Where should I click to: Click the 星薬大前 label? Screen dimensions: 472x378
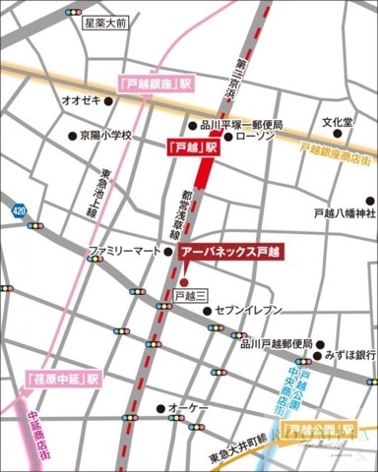click(x=105, y=21)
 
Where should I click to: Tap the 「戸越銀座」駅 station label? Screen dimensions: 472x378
click(x=153, y=85)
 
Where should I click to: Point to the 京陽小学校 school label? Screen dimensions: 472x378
click(x=104, y=136)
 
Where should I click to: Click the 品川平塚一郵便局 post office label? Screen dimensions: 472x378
click(x=241, y=125)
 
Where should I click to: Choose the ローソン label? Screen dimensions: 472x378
click(x=255, y=138)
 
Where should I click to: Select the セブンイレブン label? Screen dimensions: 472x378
click(x=264, y=310)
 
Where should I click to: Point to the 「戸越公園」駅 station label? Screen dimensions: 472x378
click(x=320, y=432)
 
